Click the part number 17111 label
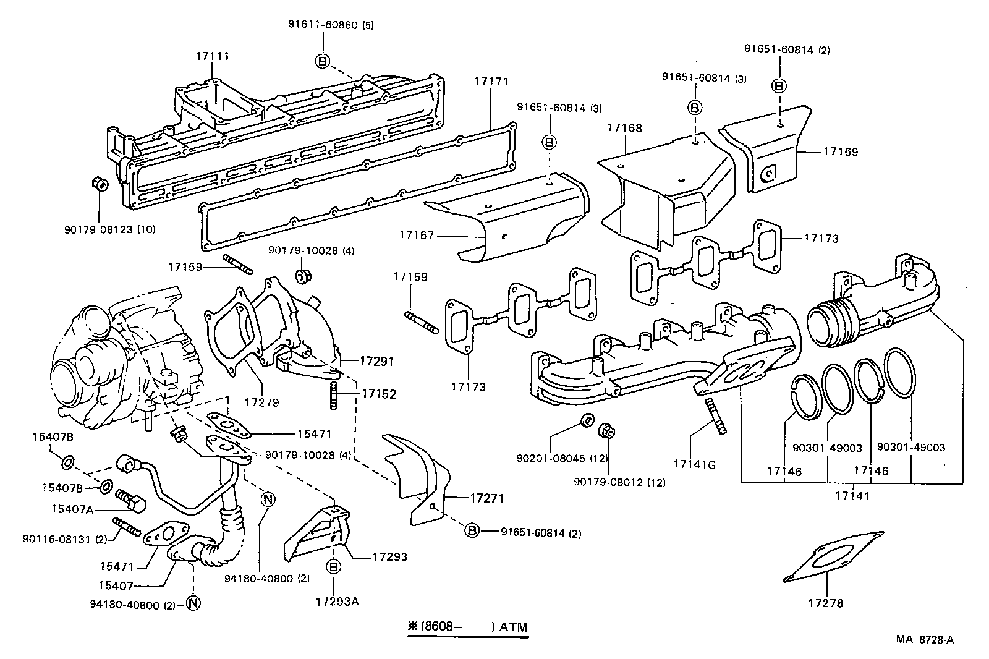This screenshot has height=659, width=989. (212, 56)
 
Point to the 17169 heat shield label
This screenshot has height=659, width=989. (840, 151)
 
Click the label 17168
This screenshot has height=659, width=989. (624, 128)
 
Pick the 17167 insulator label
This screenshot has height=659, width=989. (417, 235)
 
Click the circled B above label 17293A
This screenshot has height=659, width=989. (334, 566)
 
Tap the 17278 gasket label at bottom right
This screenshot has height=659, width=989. (825, 603)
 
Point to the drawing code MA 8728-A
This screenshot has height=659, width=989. (925, 640)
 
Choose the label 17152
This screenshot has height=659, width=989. (378, 393)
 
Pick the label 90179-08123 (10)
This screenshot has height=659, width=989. (109, 229)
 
